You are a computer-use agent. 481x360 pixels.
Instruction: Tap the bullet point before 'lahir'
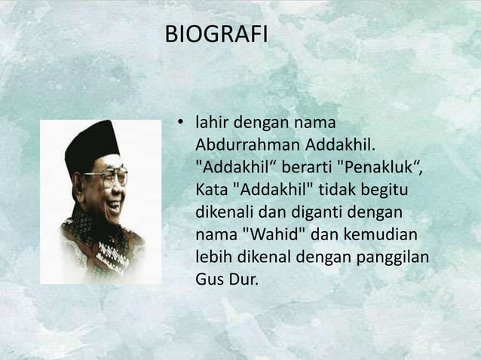(x=180, y=122)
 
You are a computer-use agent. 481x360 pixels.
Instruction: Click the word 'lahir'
(x=212, y=122)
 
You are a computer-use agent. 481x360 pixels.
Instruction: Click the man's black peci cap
(x=92, y=143)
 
